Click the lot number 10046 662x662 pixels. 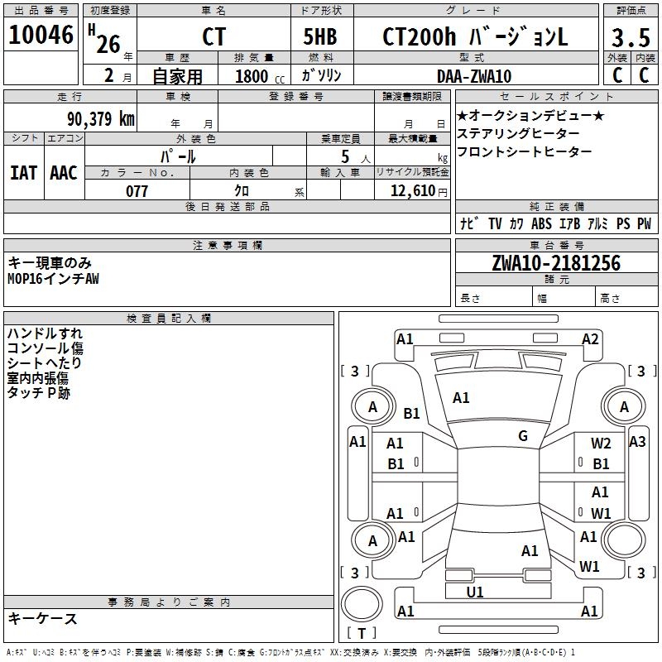point(41,37)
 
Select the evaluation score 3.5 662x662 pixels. point(630,38)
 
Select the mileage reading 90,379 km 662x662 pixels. point(100,118)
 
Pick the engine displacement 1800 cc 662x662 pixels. point(254,76)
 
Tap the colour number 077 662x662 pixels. point(137,191)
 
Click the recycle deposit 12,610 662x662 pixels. point(411,191)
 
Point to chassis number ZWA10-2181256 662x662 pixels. point(555,263)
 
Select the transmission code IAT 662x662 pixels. point(23,173)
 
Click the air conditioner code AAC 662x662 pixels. point(64,173)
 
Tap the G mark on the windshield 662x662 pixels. point(523,436)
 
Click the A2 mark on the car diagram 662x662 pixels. point(590,338)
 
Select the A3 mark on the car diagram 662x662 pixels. point(636,441)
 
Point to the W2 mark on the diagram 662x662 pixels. point(601,444)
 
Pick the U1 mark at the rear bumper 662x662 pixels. point(475,592)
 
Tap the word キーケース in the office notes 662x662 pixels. point(43,619)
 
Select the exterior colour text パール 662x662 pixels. point(178,156)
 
